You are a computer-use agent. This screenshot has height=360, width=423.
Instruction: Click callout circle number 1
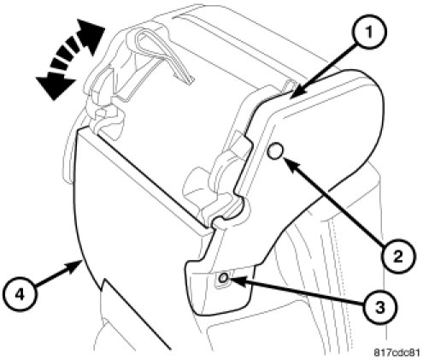tap(369, 32)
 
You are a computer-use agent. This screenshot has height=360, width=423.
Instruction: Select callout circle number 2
tap(398, 256)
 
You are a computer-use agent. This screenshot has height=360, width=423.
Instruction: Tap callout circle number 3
tap(380, 307)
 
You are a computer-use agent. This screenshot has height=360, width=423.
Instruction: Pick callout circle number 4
tap(20, 293)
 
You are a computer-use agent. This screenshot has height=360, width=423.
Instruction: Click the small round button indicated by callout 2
tap(275, 150)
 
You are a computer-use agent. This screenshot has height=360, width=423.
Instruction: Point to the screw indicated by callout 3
tap(224, 277)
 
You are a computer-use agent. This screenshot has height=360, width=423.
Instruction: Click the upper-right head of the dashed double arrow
tap(91, 34)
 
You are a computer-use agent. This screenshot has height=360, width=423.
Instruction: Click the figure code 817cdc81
tap(397, 352)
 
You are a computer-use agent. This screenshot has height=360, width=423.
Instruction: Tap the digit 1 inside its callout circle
tap(369, 32)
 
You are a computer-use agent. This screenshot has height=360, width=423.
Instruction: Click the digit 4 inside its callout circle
tap(20, 293)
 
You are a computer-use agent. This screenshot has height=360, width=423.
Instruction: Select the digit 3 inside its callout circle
tap(380, 308)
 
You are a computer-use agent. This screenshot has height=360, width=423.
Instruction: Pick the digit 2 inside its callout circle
tap(398, 257)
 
